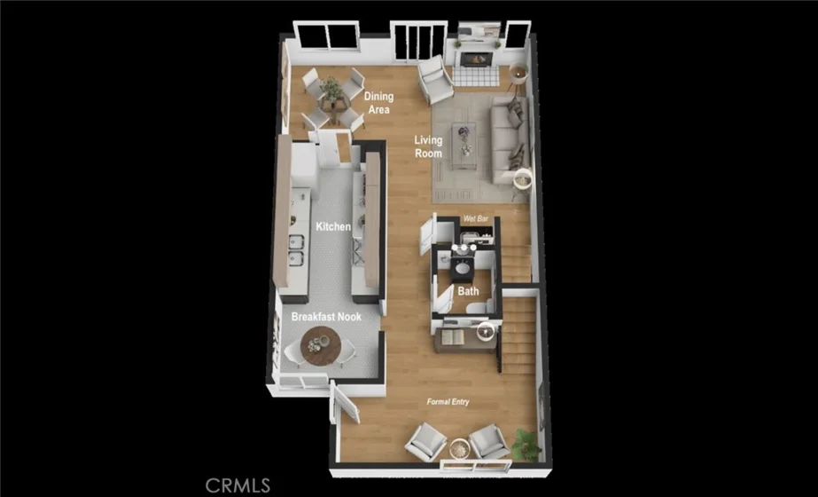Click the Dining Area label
point(378,103)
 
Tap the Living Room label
point(428,146)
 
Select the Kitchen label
point(333,227)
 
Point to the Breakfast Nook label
point(326,317)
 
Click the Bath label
point(468,291)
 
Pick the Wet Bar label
point(476,218)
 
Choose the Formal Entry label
point(448,402)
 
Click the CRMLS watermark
point(238,485)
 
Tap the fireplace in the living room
point(475,58)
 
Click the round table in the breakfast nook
point(321,346)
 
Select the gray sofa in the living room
point(510,139)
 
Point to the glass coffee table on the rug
point(464,146)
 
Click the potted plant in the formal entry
point(526,446)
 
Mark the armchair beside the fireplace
point(435,80)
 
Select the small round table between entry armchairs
point(460,448)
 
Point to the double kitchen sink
point(296,250)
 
